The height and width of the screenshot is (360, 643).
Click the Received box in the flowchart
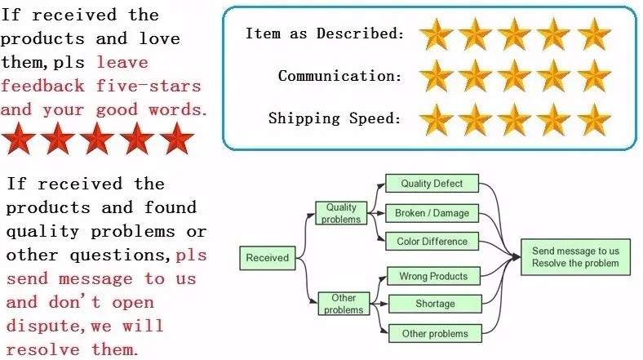(268, 258)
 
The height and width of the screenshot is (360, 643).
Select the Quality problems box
(341, 214)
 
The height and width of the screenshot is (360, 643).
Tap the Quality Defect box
(432, 184)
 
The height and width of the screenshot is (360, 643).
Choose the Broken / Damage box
(432, 213)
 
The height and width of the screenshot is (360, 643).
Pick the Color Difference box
(432, 242)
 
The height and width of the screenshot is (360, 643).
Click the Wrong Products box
(432, 276)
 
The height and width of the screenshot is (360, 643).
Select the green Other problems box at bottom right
(435, 333)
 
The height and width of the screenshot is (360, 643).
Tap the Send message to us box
(574, 257)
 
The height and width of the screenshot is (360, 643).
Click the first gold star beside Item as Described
(437, 34)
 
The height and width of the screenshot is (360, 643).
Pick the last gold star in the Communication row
(593, 77)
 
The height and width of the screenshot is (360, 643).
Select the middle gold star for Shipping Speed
(515, 118)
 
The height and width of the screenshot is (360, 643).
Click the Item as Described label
(325, 34)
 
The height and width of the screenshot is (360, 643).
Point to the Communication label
(339, 77)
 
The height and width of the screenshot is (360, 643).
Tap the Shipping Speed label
(335, 118)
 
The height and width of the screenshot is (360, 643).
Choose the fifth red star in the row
(175, 139)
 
